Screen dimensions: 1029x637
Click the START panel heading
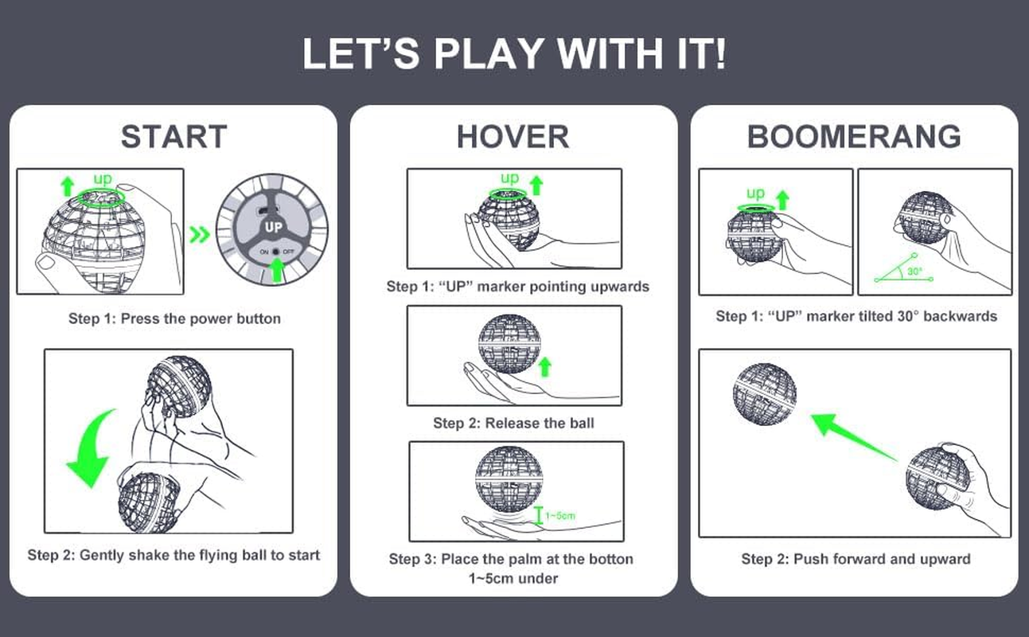pyautogui.click(x=173, y=136)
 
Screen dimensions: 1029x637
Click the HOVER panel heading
pyautogui.click(x=513, y=136)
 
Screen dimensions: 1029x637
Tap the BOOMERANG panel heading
pyautogui.click(x=854, y=136)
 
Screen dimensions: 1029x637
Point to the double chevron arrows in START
pyautogui.click(x=200, y=234)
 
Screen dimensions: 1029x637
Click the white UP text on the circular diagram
pyautogui.click(x=273, y=227)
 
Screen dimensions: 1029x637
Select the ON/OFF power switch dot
pyautogui.click(x=275, y=252)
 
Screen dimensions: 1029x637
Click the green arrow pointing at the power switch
pyautogui.click(x=276, y=270)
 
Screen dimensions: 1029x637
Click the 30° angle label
pyautogui.click(x=914, y=272)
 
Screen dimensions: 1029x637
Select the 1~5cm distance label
pyautogui.click(x=560, y=516)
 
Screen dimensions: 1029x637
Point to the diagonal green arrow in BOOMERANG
pyautogui.click(x=853, y=436)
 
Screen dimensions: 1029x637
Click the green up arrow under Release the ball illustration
pyautogui.click(x=545, y=367)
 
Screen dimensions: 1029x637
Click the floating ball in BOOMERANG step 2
pyautogui.click(x=765, y=394)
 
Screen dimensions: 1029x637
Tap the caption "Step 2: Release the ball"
pyautogui.click(x=513, y=423)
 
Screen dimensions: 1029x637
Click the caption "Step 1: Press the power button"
pyautogui.click(x=174, y=318)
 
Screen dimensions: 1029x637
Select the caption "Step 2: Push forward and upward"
pyautogui.click(x=856, y=559)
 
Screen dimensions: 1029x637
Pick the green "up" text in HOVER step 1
pyautogui.click(x=509, y=178)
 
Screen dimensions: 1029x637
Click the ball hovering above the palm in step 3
pyautogui.click(x=509, y=479)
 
